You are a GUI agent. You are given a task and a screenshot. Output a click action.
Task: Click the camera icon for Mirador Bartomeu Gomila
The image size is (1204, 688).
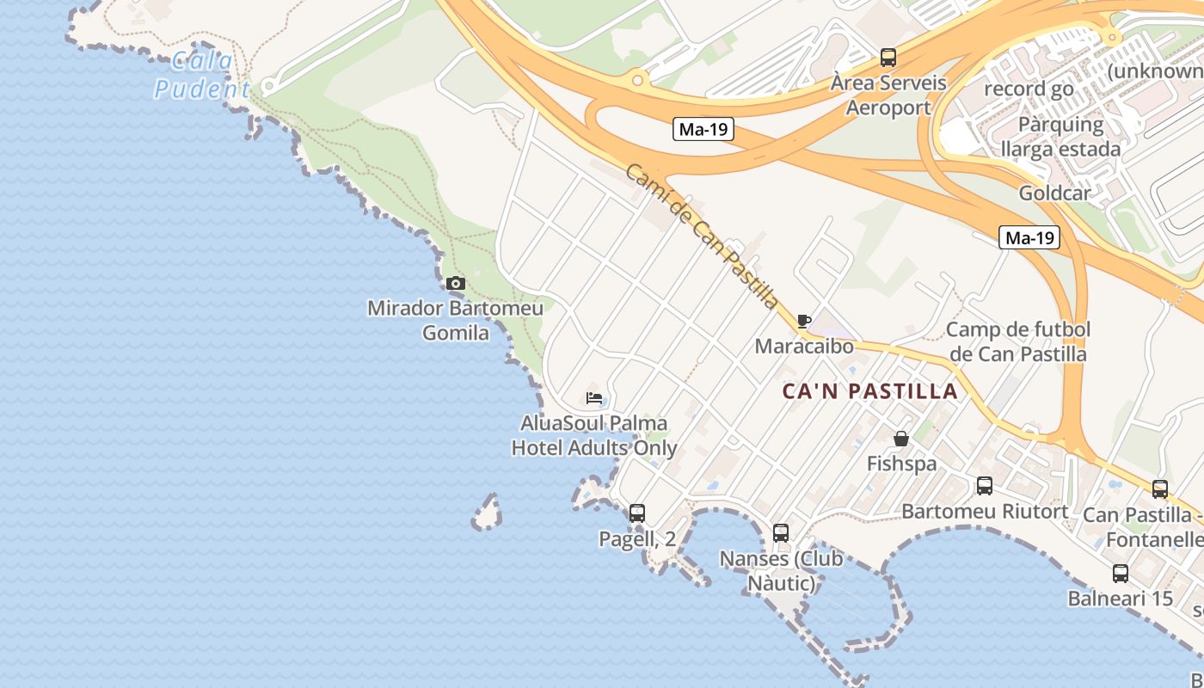tap(456, 283)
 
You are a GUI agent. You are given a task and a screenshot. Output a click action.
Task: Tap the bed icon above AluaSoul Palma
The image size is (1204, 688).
tap(594, 398)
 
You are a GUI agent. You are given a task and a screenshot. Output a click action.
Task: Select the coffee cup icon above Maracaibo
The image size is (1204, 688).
tap(804, 322)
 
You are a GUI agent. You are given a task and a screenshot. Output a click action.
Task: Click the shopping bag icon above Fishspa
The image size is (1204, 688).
tap(900, 439)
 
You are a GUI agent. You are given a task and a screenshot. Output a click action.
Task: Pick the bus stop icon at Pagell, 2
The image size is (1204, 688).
tap(636, 513)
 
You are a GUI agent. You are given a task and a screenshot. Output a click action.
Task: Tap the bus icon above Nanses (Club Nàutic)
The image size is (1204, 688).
tap(780, 533)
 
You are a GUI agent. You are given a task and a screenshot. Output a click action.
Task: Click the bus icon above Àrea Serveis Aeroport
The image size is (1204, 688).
tap(888, 58)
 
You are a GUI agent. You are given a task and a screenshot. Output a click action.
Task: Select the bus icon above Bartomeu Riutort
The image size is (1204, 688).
tap(985, 486)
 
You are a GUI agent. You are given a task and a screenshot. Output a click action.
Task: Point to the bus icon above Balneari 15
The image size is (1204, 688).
tap(1120, 574)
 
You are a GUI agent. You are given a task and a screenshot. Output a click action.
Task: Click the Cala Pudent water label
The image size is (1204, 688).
tap(202, 75)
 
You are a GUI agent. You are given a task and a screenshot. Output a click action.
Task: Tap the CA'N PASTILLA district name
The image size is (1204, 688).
tap(869, 391)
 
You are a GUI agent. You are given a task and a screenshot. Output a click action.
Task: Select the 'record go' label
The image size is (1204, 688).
tap(1029, 89)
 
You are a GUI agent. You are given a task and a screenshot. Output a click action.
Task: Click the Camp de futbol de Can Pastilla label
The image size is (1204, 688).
tap(1018, 341)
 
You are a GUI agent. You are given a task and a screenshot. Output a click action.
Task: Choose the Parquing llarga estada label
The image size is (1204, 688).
tap(1060, 136)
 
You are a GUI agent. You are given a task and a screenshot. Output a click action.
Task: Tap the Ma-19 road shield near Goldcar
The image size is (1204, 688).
tap(1029, 238)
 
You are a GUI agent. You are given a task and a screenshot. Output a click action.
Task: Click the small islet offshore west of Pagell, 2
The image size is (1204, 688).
tap(488, 513)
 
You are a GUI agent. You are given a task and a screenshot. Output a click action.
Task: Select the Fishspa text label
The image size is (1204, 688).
tap(901, 464)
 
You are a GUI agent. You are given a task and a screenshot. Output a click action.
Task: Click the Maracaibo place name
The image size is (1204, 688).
tap(804, 346)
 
